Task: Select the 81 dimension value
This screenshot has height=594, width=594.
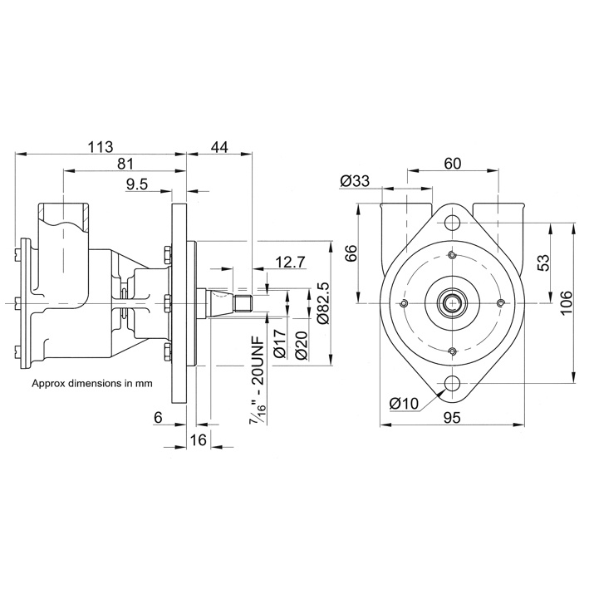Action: [126, 164]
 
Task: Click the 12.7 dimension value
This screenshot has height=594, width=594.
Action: [290, 263]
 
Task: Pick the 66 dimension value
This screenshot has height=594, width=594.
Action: [351, 253]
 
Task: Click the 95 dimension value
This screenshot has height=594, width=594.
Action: [452, 419]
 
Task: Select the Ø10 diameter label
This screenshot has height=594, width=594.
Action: [404, 402]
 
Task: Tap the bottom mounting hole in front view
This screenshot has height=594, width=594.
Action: [452, 384]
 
